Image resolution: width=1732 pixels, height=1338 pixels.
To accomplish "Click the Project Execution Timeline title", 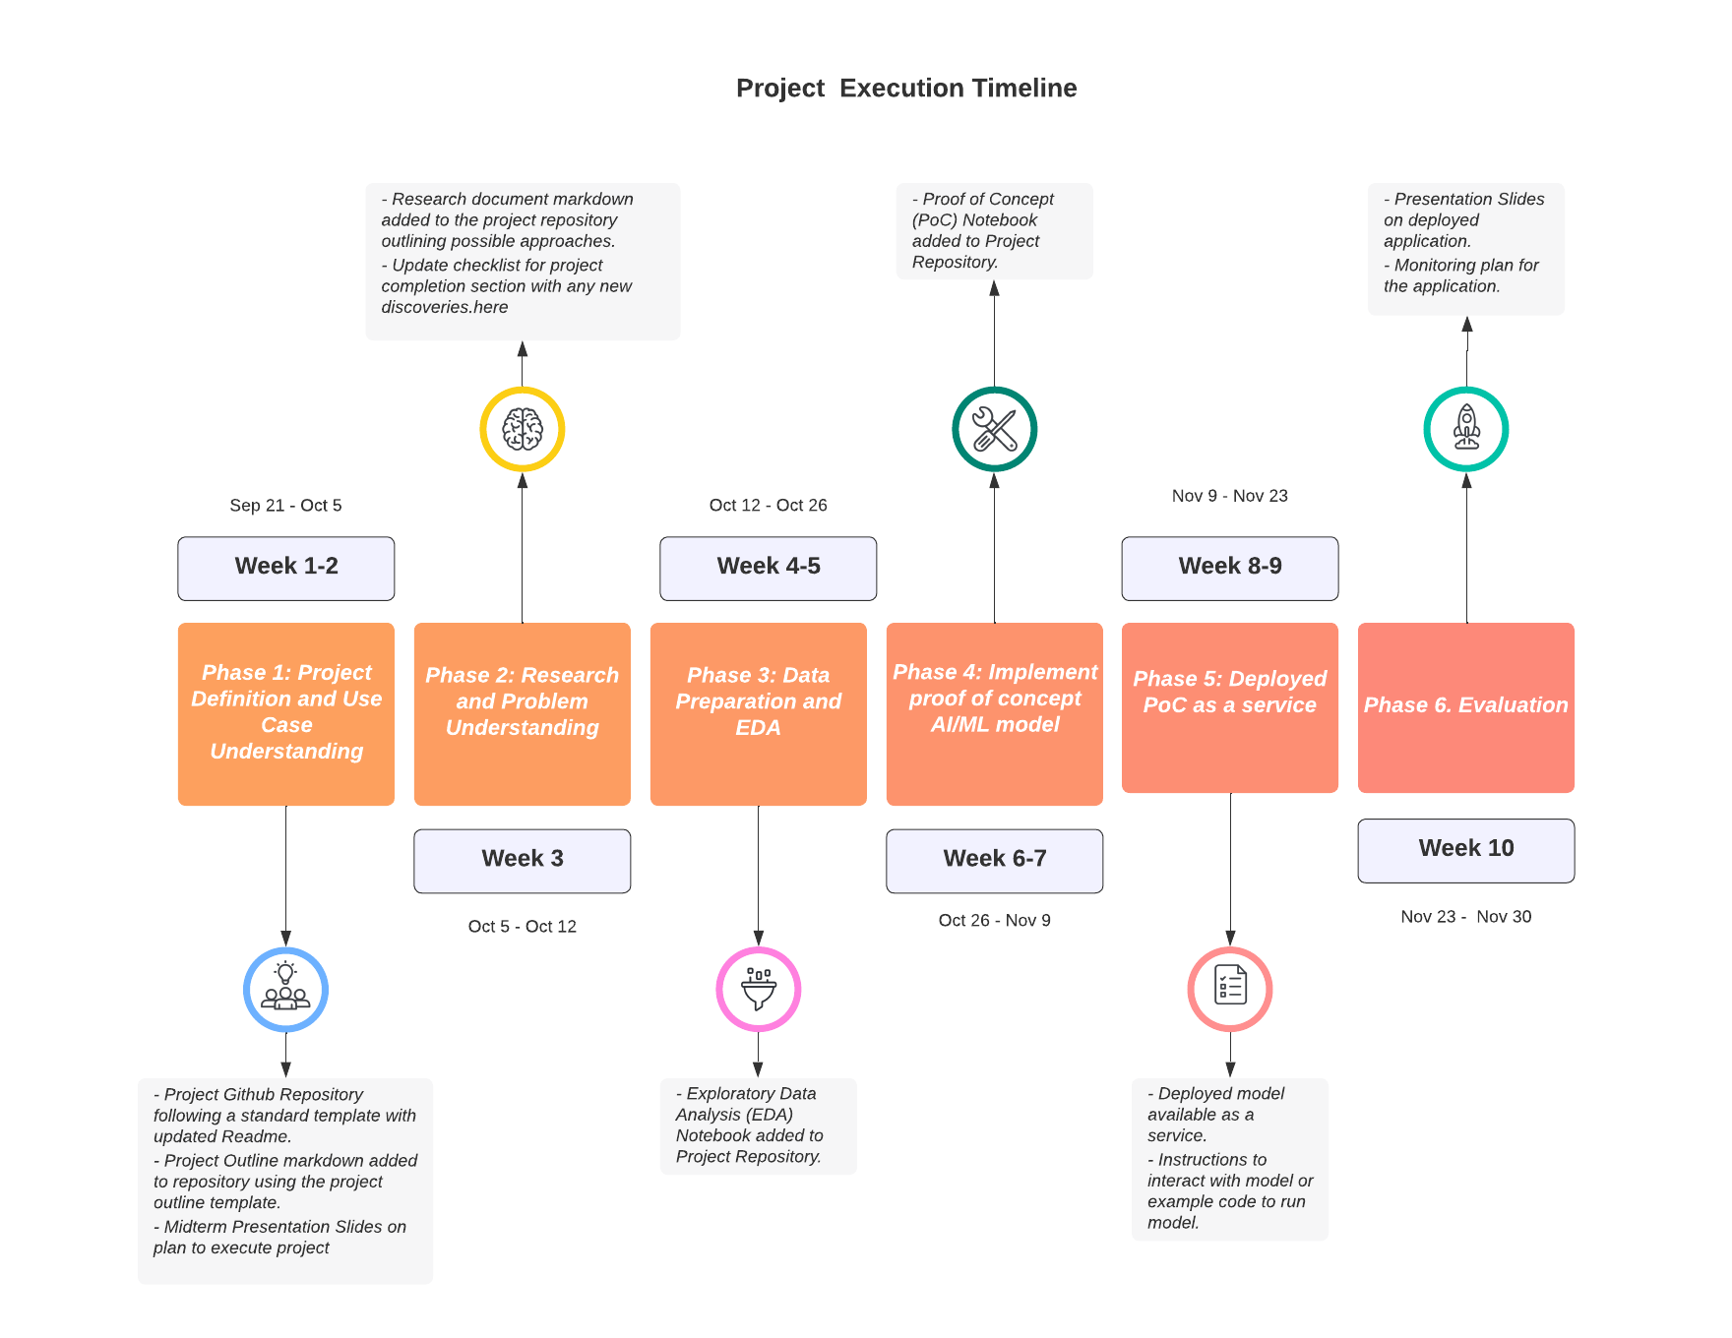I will click(x=905, y=88).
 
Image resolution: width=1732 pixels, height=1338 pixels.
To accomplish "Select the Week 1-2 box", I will click(x=285, y=567).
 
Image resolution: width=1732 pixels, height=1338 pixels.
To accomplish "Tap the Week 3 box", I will click(x=522, y=859).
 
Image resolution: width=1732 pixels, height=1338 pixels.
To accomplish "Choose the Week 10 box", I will click(x=1465, y=849).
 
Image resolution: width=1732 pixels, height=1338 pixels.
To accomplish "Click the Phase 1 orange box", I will click(x=285, y=712).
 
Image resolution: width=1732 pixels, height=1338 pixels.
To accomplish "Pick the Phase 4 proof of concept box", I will click(x=994, y=712).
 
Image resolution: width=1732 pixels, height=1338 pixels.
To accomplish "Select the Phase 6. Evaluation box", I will click(x=1465, y=706).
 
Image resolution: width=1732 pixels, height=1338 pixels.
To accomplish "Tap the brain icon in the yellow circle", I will click(x=522, y=429).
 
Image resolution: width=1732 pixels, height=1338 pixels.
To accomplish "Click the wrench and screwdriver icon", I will click(x=994, y=429).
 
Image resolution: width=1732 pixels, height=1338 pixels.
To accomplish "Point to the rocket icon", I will click(x=1465, y=429).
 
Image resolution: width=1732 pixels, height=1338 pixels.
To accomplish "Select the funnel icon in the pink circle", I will click(x=758, y=989).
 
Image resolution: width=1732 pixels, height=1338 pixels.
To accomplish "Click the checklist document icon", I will click(x=1229, y=988).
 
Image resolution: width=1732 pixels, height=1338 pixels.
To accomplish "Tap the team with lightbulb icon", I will click(x=285, y=989).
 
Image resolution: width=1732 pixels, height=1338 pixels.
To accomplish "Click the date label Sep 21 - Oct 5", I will click(x=285, y=505).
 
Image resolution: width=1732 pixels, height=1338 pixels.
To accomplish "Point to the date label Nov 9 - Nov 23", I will click(x=1229, y=496).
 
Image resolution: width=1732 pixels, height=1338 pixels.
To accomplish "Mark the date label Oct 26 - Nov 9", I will click(x=994, y=920).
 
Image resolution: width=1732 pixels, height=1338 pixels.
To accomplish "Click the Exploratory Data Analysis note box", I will click(x=758, y=1125).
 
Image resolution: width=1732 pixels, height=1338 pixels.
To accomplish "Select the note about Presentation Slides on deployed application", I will click(x=1465, y=248).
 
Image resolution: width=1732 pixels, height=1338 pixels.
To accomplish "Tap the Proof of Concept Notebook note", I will click(x=994, y=230).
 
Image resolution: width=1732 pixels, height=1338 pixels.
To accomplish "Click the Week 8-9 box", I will click(x=1229, y=567).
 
